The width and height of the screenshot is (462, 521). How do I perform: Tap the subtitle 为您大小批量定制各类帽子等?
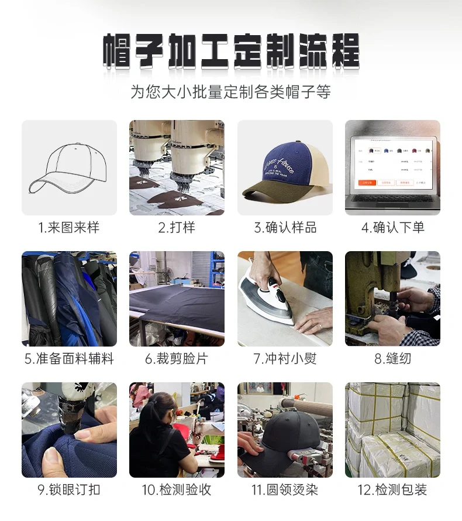click(x=231, y=92)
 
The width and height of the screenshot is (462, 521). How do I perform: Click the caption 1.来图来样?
click(x=69, y=228)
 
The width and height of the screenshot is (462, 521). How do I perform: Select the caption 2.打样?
click(x=177, y=228)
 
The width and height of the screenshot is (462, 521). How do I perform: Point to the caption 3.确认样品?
click(x=285, y=228)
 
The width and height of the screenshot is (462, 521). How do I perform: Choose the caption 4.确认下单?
click(x=392, y=228)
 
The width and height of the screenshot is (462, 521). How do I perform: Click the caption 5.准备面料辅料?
click(x=69, y=359)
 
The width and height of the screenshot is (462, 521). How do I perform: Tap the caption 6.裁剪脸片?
click(x=177, y=359)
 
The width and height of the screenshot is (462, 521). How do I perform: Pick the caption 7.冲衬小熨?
click(x=285, y=359)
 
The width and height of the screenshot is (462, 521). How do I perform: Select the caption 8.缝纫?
click(x=392, y=359)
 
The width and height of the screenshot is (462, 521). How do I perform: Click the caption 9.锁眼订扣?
click(x=69, y=490)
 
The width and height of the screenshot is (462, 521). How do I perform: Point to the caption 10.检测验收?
click(x=177, y=490)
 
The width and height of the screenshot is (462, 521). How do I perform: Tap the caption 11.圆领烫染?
click(x=285, y=490)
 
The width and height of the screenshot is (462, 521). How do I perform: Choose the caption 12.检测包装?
click(x=392, y=490)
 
